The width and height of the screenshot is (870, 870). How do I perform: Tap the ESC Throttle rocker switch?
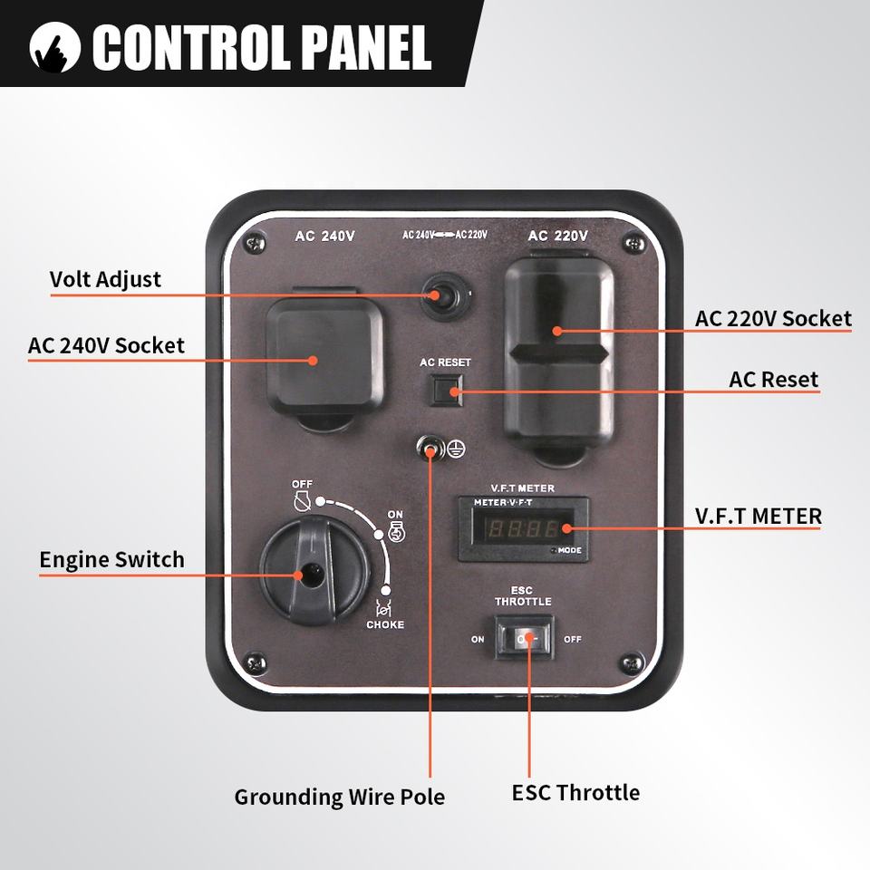click(x=524, y=639)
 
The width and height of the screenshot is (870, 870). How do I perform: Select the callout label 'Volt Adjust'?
click(x=105, y=279)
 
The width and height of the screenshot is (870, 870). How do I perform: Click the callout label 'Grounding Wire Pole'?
click(x=339, y=797)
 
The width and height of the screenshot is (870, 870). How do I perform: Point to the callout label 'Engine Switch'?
click(x=111, y=560)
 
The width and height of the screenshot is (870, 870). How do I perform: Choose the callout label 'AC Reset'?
click(x=773, y=379)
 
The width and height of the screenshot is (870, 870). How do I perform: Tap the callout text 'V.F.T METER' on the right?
click(x=758, y=516)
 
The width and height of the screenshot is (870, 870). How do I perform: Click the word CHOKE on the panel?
click(x=385, y=624)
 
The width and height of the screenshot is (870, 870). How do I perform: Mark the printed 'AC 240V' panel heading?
click(x=324, y=237)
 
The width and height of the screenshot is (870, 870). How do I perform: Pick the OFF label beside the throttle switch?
click(x=573, y=639)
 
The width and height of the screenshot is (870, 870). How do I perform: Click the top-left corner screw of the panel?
click(x=256, y=241)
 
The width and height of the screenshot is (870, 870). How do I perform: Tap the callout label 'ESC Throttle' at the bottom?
click(x=575, y=793)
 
